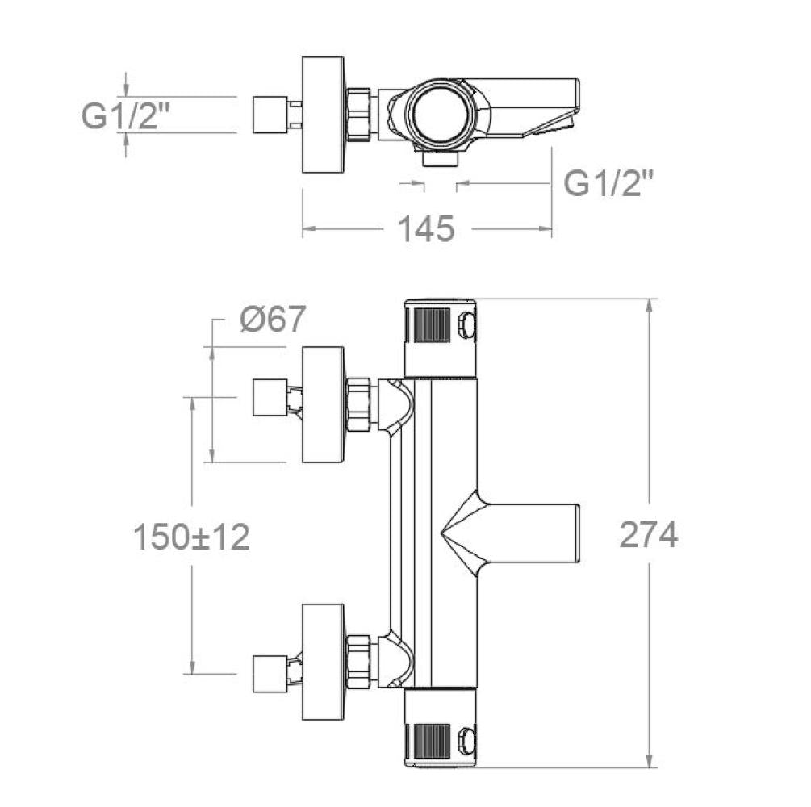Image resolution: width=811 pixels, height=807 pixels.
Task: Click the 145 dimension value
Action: [426, 228]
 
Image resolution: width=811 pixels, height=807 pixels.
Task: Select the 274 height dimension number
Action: [649, 534]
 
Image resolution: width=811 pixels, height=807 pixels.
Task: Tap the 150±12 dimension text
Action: [192, 537]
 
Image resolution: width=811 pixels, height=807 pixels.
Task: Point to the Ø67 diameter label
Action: [273, 319]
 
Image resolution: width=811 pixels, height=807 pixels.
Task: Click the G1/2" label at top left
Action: [126, 115]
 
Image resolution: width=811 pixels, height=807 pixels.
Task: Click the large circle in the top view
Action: [440, 114]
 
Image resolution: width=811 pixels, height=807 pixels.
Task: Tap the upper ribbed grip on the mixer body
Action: [432, 325]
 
